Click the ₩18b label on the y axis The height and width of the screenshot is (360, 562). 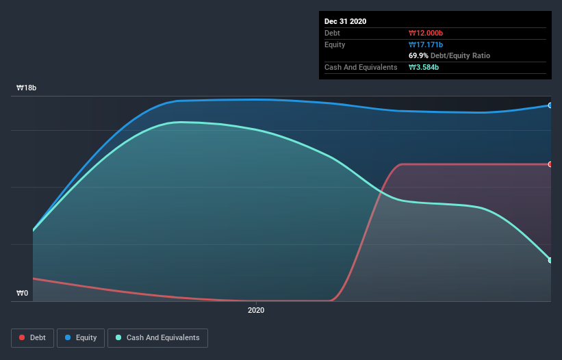pyautogui.click(x=27, y=88)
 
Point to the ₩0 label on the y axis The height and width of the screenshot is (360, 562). pyautogui.click(x=23, y=293)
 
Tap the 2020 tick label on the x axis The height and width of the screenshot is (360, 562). pyautogui.click(x=256, y=310)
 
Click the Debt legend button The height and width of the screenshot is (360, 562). pyautogui.click(x=31, y=337)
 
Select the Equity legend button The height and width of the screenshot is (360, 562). pyautogui.click(x=81, y=337)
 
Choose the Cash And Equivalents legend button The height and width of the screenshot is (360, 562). pyautogui.click(x=157, y=337)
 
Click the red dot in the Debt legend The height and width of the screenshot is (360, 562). pyautogui.click(x=23, y=337)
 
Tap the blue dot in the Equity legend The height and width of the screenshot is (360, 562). pyautogui.click(x=68, y=337)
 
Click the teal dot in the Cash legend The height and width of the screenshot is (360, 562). pyautogui.click(x=119, y=337)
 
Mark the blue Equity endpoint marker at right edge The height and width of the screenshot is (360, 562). pyautogui.click(x=550, y=105)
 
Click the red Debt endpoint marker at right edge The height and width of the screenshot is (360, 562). pyautogui.click(x=550, y=164)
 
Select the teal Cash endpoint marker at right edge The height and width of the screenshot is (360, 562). pyautogui.click(x=550, y=260)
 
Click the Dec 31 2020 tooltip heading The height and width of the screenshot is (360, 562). pyautogui.click(x=345, y=21)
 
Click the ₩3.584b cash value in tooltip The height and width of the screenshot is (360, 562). pyautogui.click(x=424, y=67)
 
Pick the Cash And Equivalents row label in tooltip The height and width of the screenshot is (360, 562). pyautogui.click(x=361, y=67)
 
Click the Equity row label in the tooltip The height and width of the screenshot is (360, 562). pyautogui.click(x=335, y=44)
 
